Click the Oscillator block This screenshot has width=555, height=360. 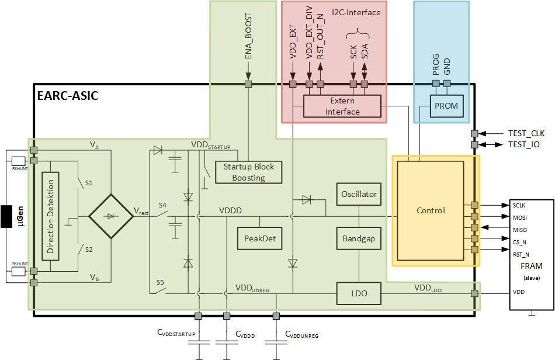(359, 194)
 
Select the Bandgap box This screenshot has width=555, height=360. (359, 238)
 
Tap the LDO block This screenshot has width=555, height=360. (359, 293)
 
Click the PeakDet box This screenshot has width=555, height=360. (260, 238)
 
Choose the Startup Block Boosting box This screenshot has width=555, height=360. (249, 172)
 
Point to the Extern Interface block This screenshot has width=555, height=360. (342, 106)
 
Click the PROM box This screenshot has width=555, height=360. (446, 106)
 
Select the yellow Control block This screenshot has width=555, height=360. (431, 210)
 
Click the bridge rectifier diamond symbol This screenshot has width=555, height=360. (110, 216)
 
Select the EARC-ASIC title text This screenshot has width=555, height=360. (67, 96)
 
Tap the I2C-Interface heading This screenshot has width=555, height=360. (356, 12)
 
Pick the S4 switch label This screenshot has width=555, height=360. (162, 205)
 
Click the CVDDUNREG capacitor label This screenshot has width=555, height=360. (301, 334)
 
